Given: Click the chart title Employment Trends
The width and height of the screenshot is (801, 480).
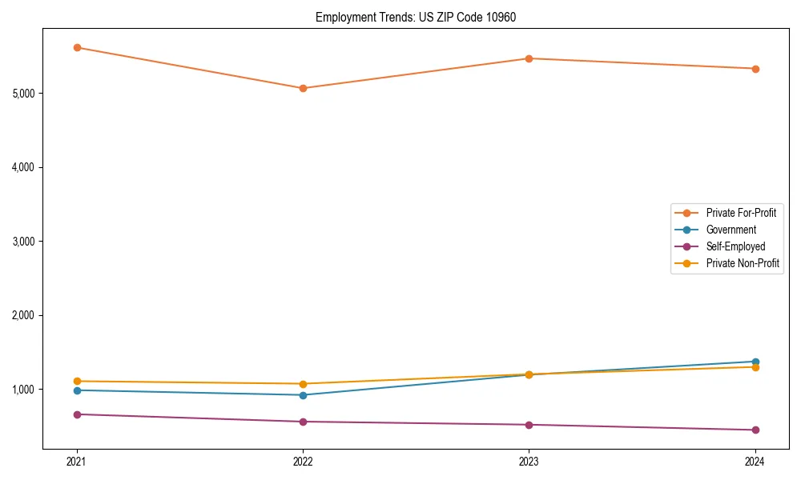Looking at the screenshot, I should (x=409, y=17).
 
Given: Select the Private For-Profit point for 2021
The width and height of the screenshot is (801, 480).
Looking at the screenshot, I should (x=77, y=47).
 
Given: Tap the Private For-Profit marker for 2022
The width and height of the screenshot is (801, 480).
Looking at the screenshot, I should (x=303, y=88).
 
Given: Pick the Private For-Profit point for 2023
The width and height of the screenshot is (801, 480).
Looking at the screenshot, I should (x=529, y=58).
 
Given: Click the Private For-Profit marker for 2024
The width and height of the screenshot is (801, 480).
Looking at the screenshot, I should (x=755, y=69).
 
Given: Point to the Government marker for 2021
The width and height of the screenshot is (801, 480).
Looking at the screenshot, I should (x=77, y=390).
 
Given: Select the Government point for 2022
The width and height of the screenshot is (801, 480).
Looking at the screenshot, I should (x=303, y=394).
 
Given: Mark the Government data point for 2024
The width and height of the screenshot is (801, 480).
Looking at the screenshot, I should (x=755, y=362).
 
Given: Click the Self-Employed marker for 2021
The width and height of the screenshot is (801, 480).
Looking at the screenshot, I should (x=77, y=414).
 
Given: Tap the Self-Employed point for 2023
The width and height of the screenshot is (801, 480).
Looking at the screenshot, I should (x=529, y=425).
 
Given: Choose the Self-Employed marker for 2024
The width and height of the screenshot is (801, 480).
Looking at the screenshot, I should (x=755, y=430).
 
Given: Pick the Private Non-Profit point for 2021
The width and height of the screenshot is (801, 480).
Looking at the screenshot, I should (x=77, y=382).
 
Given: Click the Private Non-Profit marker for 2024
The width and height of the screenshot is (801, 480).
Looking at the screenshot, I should (x=755, y=366).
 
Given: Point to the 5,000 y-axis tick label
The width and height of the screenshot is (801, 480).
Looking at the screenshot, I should (x=24, y=94).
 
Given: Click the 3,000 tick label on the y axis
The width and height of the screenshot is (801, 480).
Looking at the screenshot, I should (x=24, y=242).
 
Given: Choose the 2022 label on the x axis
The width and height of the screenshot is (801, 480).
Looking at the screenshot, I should (x=303, y=461).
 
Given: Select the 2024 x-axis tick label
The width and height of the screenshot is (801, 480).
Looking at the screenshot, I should (x=755, y=461).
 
